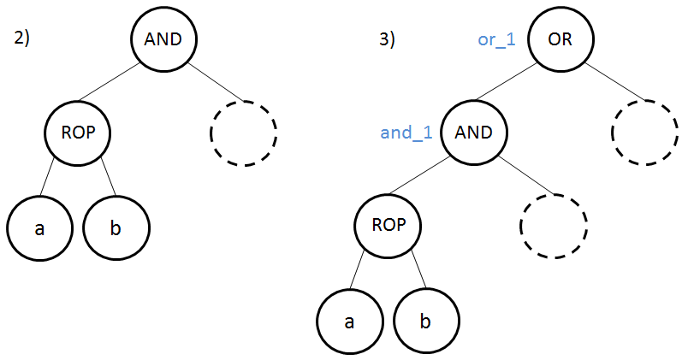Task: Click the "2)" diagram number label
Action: coord(22,38)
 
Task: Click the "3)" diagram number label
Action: coord(386,39)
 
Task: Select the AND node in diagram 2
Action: coord(163,39)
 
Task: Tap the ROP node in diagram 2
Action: coord(78,133)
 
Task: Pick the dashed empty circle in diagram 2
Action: coord(243,133)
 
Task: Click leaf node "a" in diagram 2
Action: coord(39,229)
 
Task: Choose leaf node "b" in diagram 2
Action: coord(116,229)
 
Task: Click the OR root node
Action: coord(561,39)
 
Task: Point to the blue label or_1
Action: coord(496,39)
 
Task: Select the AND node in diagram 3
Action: coord(473,133)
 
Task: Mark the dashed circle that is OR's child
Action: coord(645,133)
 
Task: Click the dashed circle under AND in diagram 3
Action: coord(554,227)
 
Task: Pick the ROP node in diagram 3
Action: coord(389,227)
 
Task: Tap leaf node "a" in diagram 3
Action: coord(349,322)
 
